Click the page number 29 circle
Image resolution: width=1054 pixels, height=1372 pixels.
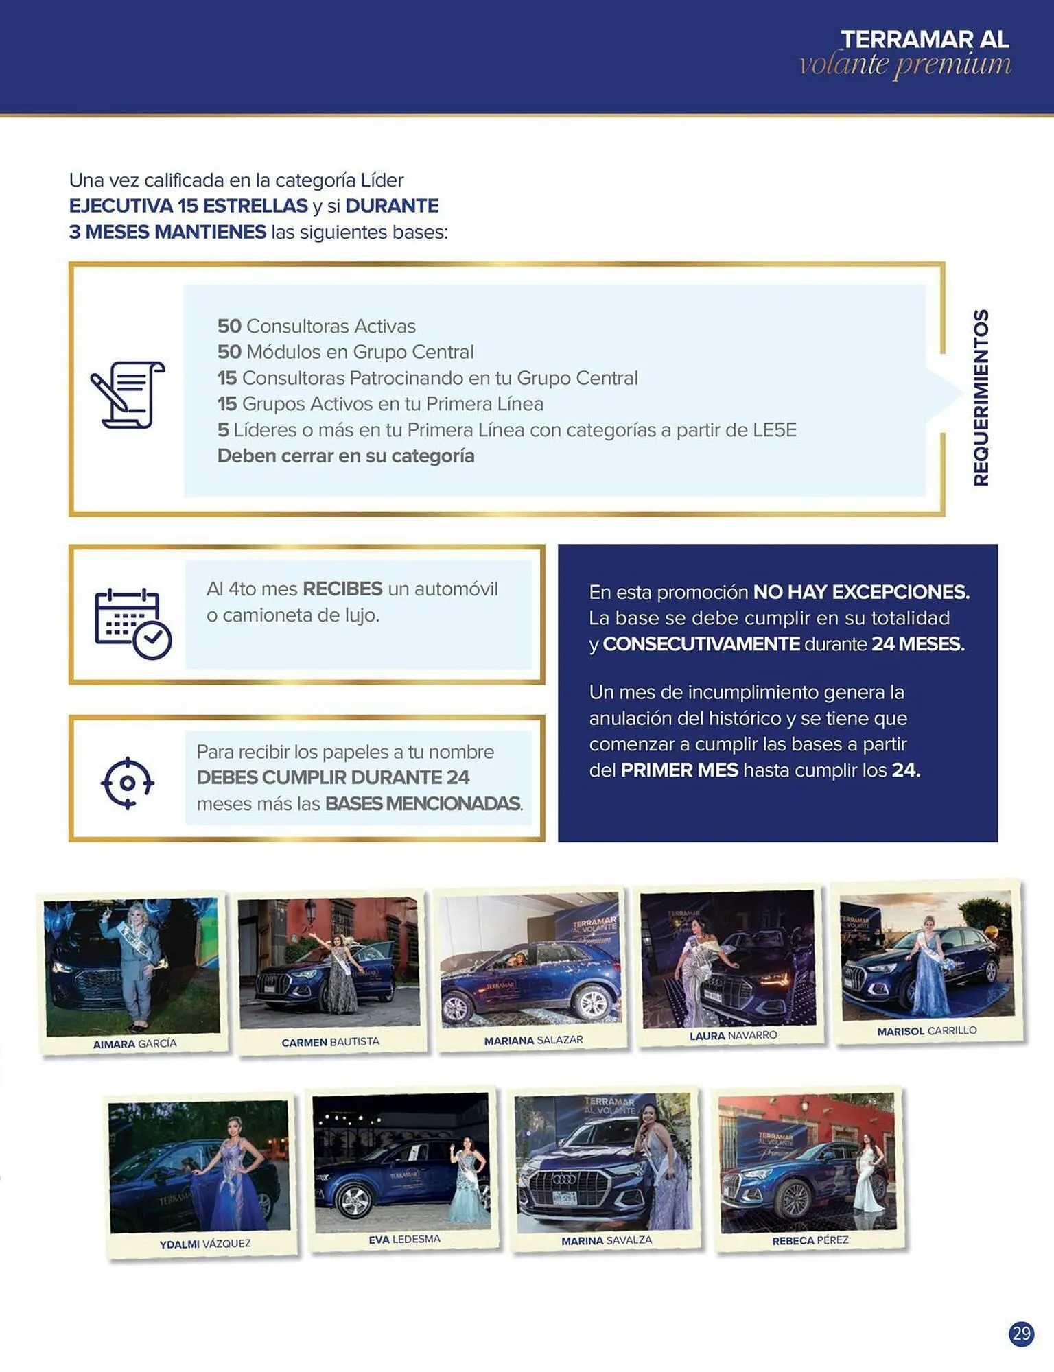(x=1021, y=1333)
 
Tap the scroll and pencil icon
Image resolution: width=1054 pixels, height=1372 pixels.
(x=128, y=394)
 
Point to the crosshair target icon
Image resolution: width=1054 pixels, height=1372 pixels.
(x=128, y=783)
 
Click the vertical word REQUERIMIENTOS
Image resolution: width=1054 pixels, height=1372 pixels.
(x=981, y=397)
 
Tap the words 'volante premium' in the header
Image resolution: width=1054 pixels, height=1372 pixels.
(x=905, y=64)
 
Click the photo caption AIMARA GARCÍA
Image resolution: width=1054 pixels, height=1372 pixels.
(x=135, y=1043)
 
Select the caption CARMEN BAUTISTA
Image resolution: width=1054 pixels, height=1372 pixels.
(x=330, y=1042)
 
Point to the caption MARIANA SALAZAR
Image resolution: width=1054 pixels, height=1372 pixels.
(x=533, y=1040)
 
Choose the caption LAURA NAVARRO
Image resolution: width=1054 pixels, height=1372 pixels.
(x=733, y=1035)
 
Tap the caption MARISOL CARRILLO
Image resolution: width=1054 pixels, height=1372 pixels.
(x=926, y=1031)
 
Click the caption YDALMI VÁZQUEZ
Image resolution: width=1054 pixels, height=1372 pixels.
(x=205, y=1244)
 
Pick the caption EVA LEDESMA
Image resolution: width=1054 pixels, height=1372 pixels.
(x=404, y=1240)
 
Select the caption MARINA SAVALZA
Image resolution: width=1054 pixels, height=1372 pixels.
(x=607, y=1240)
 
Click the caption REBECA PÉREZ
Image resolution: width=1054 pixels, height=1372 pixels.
(x=810, y=1240)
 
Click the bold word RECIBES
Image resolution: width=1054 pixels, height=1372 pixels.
(x=342, y=589)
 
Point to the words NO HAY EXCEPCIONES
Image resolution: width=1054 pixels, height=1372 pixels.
(x=861, y=592)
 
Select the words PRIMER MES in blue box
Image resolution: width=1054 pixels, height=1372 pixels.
(x=679, y=770)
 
